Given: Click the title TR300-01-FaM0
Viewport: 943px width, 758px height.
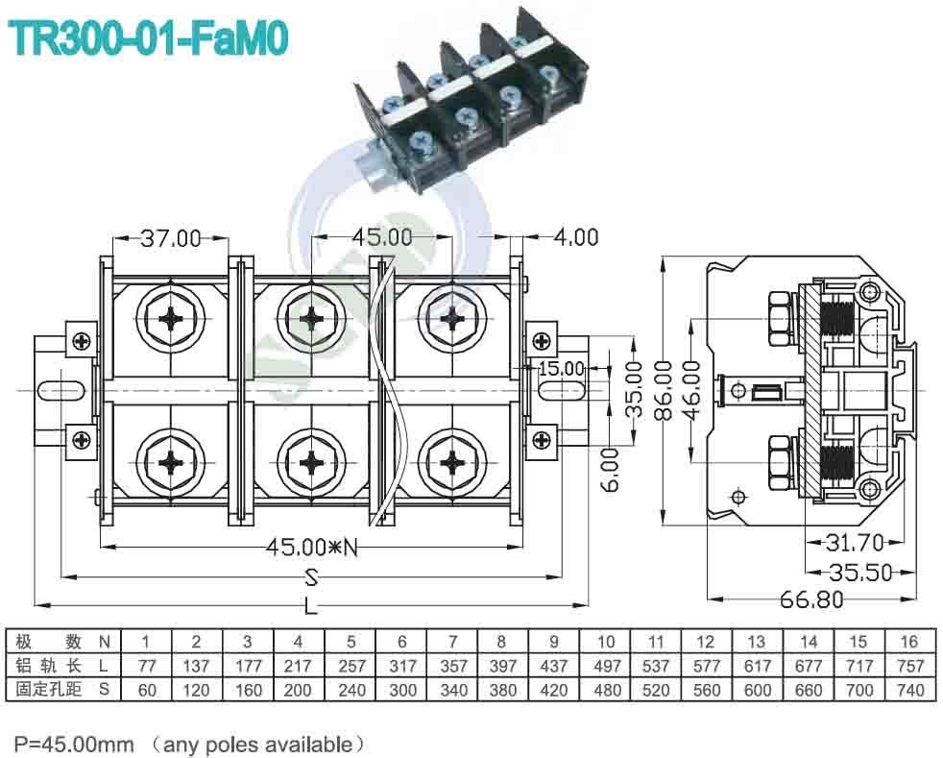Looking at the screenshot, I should click(x=147, y=39).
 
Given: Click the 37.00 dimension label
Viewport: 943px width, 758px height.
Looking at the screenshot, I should click(x=171, y=238).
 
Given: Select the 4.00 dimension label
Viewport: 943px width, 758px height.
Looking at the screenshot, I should click(x=575, y=236).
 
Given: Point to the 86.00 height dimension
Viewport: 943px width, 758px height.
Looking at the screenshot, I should click(x=663, y=389).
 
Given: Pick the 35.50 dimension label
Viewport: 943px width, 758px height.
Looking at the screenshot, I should click(x=861, y=573).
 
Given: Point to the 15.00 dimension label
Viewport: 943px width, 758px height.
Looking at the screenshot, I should click(x=561, y=368).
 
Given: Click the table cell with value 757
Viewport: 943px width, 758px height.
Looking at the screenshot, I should click(x=909, y=666).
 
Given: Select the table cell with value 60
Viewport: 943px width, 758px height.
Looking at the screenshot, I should click(x=145, y=690).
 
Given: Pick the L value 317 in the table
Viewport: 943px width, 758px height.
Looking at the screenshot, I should click(x=400, y=666).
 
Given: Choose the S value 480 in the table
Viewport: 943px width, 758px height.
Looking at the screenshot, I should click(x=605, y=690).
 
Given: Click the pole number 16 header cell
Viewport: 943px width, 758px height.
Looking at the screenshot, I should click(x=909, y=642).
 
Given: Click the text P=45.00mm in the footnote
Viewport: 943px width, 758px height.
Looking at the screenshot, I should click(x=73, y=743).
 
